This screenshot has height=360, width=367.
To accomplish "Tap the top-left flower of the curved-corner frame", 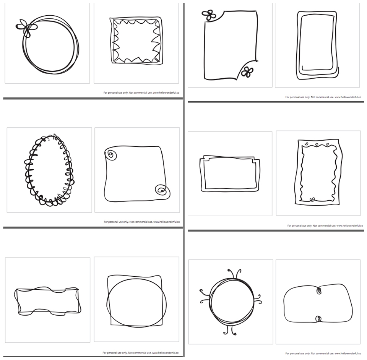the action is (x=209, y=15).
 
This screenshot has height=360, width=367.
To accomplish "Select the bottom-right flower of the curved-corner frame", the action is (x=247, y=72).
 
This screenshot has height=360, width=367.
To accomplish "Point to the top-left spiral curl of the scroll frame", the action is (x=111, y=154).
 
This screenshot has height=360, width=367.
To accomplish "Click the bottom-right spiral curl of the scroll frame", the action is (x=162, y=190).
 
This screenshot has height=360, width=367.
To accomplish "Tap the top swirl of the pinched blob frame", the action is (x=318, y=291).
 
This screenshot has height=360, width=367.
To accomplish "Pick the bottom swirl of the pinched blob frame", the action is (x=318, y=319).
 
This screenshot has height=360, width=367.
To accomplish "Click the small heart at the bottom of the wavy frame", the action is (x=312, y=199).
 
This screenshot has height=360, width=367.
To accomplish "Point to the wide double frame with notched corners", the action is (x=201, y=174).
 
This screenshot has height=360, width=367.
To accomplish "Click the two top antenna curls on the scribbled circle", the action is (x=234, y=274).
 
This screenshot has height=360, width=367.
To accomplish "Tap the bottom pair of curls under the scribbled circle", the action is (x=230, y=330).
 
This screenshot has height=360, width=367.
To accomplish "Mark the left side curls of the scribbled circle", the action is (x=205, y=297).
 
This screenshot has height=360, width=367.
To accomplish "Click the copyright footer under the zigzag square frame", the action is (x=141, y=92).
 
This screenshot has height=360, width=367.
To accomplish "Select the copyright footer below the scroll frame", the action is (x=142, y=222).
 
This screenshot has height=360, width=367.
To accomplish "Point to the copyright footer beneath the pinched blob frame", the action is (x=323, y=354).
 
